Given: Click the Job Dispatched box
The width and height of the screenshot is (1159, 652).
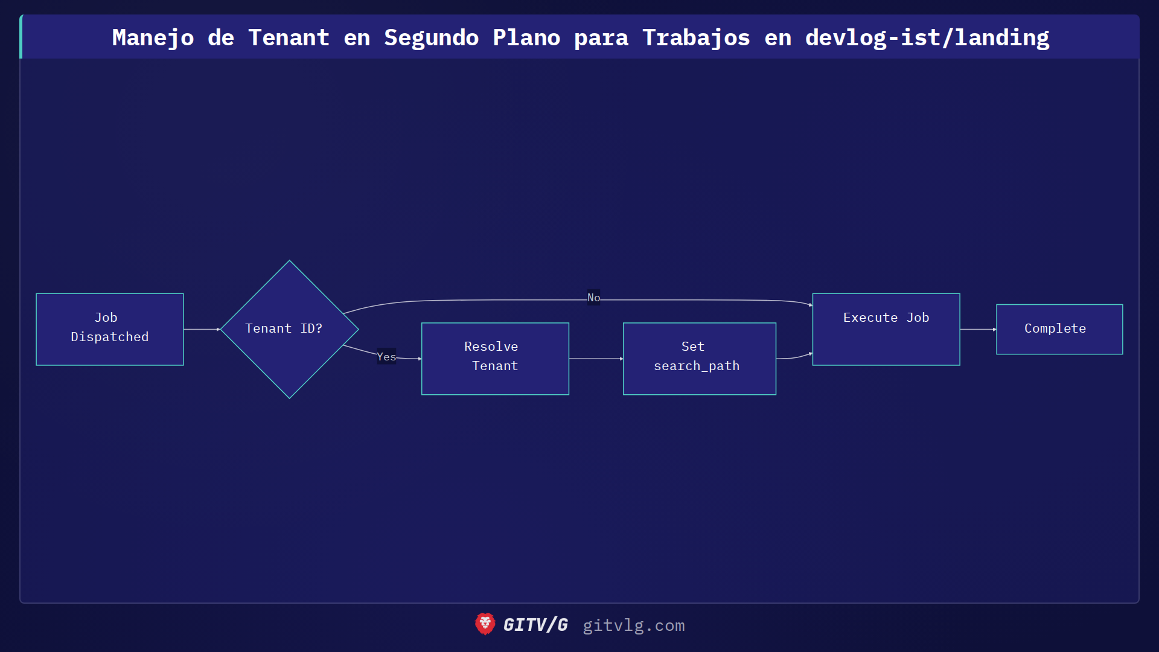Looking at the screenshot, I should pos(109,329).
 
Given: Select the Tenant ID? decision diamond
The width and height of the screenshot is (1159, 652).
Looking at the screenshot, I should pos(289,329).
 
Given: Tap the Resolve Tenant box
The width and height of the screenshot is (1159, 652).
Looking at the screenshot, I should pos(495,359).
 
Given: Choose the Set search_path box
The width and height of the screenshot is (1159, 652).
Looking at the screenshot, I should pos(699,359).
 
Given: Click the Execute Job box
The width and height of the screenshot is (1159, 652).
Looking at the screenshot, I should pos(886,329).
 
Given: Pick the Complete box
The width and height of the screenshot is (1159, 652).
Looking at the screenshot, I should pos(1059,329).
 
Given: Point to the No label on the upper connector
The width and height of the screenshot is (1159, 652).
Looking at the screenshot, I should pos(593,298).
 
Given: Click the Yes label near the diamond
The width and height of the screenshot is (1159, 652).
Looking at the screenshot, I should pos(386,357).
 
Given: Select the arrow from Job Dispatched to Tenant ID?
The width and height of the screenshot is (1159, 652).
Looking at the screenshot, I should pos(202,329).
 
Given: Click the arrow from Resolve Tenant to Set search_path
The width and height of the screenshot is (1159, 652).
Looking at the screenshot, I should pos(596,359).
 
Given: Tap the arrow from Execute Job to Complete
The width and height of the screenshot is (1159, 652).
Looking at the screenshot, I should pos(978,329).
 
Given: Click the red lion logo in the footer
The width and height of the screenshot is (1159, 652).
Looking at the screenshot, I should pos(485,624).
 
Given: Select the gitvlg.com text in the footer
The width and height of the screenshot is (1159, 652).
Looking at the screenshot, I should pos(633,625).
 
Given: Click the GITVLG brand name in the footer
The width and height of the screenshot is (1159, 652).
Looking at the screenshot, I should pos(535,625).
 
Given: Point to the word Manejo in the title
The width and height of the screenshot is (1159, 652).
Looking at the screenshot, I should pos(153,37).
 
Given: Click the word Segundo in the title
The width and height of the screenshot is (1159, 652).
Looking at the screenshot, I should pos(431,37).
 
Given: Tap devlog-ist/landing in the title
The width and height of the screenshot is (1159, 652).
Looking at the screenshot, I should pos(927,37).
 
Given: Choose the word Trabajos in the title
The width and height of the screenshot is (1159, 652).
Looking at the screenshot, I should pos(695,37).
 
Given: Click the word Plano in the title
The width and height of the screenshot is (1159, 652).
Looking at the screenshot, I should pos(526,37).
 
